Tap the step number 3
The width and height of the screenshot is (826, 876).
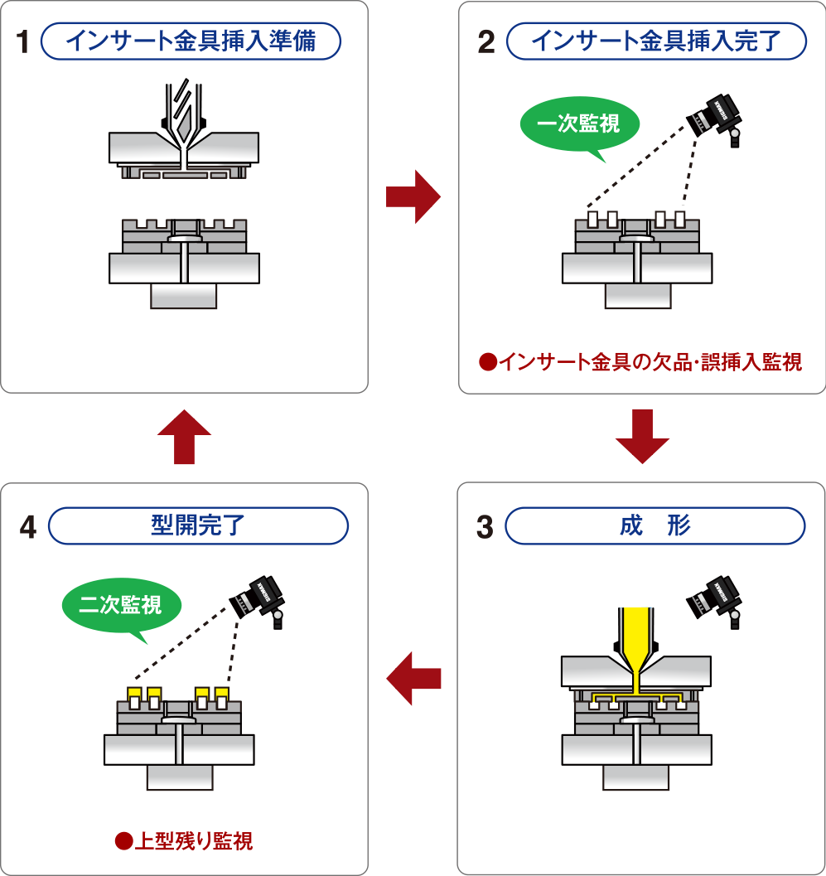485,526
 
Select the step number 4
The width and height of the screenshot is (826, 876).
27,528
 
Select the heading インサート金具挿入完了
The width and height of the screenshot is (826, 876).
655,41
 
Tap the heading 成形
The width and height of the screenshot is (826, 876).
655,525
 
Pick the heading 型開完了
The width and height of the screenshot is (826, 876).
198,525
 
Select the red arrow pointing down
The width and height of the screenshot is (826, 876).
642,436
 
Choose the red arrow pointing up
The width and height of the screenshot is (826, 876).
184,436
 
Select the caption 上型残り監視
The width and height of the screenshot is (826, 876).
183,842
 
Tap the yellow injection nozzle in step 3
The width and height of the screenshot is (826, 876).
635,642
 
